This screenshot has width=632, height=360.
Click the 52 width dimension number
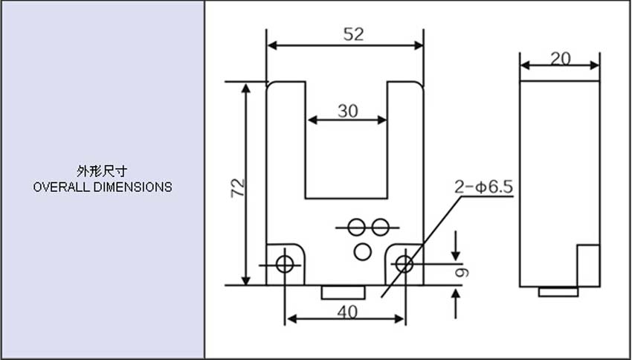click(x=353, y=35)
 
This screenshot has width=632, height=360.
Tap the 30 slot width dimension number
click(x=347, y=111)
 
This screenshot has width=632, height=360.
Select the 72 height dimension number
click(x=238, y=187)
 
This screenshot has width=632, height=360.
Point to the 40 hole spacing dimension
click(x=347, y=312)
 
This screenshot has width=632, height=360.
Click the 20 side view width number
click(x=561, y=60)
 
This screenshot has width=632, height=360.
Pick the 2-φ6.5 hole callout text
click(x=484, y=187)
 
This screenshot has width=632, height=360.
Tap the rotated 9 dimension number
click(x=462, y=272)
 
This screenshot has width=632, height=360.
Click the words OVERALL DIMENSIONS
click(x=103, y=187)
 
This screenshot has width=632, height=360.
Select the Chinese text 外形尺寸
click(x=102, y=171)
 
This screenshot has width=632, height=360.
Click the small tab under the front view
click(x=344, y=292)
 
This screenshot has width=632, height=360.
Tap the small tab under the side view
click(x=558, y=292)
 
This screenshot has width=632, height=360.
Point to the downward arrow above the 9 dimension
click(x=456, y=246)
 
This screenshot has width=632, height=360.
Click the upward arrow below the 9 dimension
click(x=456, y=304)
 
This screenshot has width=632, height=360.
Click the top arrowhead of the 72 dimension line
click(x=246, y=88)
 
